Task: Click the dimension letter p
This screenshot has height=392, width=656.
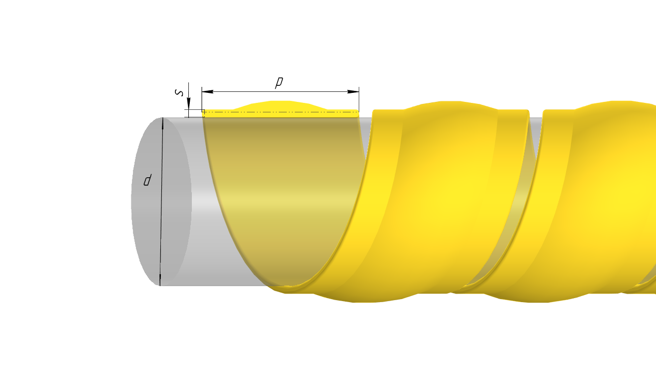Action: coord(279,82)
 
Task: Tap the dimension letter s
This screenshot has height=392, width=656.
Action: coord(179,92)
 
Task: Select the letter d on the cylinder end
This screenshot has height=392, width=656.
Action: coord(147,180)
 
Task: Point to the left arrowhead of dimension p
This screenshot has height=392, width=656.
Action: coord(207,91)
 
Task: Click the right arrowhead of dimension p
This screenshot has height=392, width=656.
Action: coord(353,91)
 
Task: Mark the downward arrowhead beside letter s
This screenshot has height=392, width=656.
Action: coord(188,103)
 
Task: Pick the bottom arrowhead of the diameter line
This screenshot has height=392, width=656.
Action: coord(160,280)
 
